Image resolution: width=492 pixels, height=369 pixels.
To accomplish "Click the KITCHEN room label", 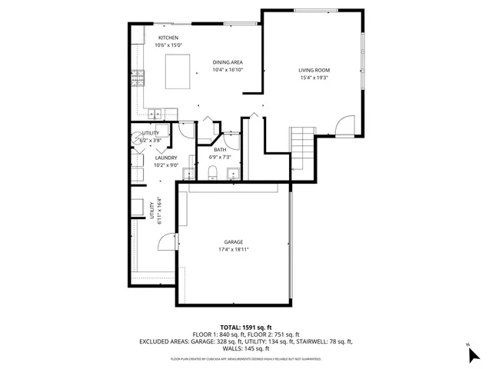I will click(x=168, y=38).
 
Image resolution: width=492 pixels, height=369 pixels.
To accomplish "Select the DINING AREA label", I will click(x=228, y=62).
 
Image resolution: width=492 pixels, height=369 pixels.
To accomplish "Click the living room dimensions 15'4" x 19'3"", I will click(x=314, y=78).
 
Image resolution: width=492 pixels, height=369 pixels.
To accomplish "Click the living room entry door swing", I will click(x=344, y=125).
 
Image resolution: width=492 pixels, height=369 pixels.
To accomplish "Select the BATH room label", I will click(x=220, y=149).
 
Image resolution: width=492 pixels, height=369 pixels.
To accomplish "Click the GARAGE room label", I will click(x=233, y=242).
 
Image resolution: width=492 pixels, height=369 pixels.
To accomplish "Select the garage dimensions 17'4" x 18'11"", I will click(x=233, y=250).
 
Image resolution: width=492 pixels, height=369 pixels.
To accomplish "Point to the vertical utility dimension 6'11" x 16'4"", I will click(x=160, y=212).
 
